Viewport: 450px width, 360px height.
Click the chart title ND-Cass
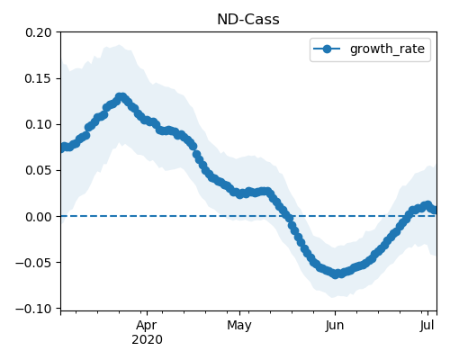248,20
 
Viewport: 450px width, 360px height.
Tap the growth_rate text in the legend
387,49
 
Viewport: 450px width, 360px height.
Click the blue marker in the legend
327,49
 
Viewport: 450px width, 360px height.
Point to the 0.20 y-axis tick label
39,32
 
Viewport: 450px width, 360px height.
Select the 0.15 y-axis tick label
39,78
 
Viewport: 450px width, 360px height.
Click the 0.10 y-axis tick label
39,124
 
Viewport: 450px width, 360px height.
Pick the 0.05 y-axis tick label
39,170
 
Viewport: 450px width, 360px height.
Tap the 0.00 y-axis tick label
39,217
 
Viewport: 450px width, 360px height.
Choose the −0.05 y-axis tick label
33,263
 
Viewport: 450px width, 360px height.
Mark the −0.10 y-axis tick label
33,309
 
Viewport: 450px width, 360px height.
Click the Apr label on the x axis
147,326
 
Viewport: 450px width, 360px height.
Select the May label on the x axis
239,326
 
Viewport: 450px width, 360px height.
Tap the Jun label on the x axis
335,326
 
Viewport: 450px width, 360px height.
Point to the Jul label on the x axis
427,326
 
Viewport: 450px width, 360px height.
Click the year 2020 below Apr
147,340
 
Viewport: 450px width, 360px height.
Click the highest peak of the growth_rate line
121,97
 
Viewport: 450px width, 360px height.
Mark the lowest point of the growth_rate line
336,274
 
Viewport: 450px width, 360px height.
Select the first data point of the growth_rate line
62,148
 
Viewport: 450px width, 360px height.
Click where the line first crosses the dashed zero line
289,216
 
